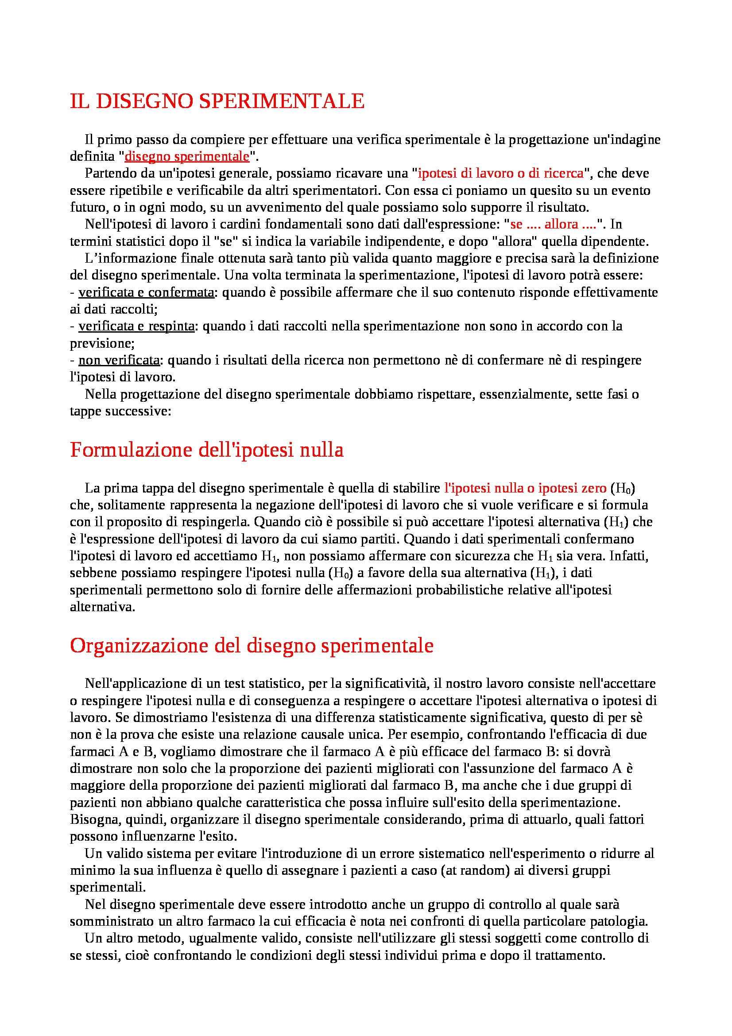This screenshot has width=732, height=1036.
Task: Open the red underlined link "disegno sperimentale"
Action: click(x=187, y=156)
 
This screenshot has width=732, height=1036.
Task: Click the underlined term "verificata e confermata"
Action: click(x=146, y=293)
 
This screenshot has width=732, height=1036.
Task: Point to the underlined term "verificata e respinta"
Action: click(x=136, y=326)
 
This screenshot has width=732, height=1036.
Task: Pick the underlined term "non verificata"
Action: click(x=119, y=361)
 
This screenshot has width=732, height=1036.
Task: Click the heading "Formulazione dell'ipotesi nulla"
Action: click(x=206, y=450)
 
